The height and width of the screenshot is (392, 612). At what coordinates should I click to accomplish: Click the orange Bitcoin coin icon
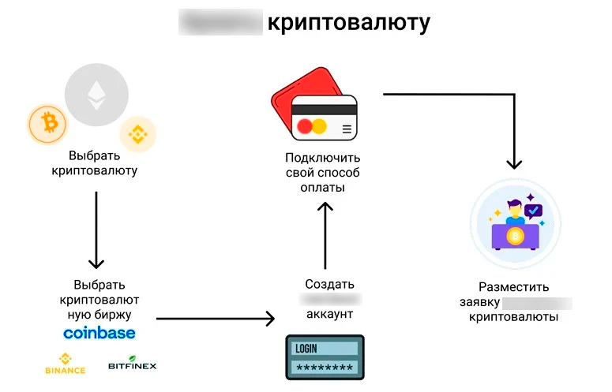coord(48,125)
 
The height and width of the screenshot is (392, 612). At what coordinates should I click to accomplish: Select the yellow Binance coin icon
coord(138,133)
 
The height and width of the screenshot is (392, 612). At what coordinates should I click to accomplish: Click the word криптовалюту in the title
coord(348,23)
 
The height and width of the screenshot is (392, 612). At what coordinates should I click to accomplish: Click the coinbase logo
coord(99,333)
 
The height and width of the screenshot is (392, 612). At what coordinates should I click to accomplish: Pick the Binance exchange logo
coord(65,364)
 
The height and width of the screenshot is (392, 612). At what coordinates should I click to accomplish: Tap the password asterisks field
coord(324,368)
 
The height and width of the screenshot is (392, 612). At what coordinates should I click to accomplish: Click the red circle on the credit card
coord(305,125)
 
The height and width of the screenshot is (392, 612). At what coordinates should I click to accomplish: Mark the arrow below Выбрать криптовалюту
coord(96,229)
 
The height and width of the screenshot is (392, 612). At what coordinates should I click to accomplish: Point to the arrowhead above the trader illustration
coord(514,162)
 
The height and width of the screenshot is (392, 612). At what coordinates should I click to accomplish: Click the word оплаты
coord(324,189)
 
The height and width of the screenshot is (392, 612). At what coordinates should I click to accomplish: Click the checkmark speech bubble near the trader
coord(534,210)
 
